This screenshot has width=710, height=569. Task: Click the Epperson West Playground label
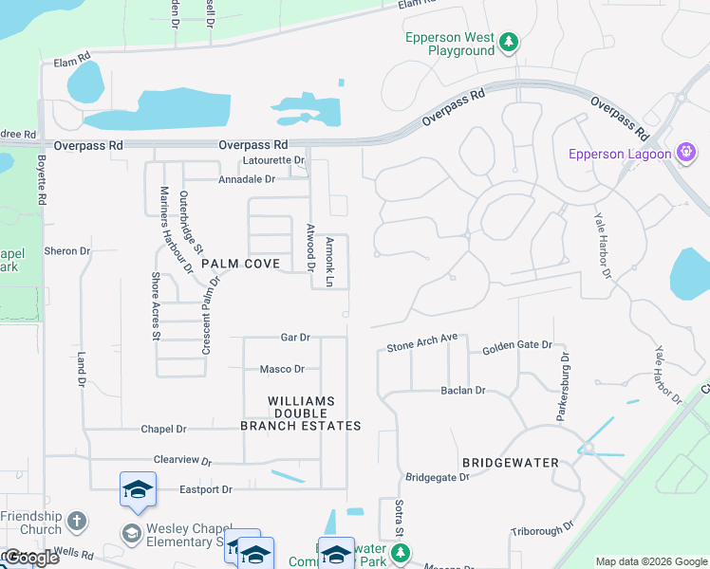450,44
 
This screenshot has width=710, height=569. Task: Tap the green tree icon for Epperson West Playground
510,42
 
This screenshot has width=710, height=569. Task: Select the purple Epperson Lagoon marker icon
686,153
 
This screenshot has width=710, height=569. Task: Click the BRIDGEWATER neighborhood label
508,463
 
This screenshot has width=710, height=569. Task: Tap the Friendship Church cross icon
77,521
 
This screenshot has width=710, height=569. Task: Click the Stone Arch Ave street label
422,343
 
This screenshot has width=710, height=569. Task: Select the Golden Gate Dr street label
517,347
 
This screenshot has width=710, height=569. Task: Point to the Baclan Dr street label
462,390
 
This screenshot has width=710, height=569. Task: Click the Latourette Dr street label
272,160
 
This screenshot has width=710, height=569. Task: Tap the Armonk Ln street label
329,263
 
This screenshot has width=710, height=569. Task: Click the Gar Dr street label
295,338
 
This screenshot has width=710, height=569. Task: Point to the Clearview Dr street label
181,459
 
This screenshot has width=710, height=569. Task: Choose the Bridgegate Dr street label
438,477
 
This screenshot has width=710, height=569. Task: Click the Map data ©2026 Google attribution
650,561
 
